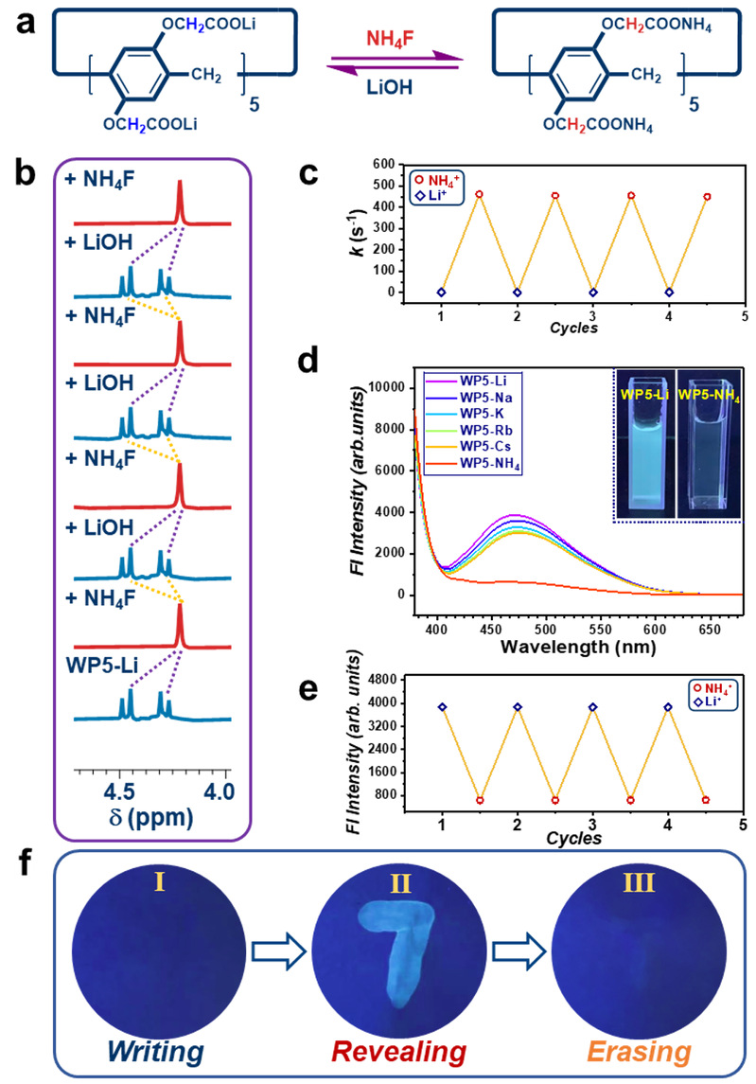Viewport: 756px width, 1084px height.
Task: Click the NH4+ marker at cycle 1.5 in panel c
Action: [x=480, y=194]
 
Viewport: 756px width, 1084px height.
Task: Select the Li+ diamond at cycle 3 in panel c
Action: [x=593, y=293]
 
